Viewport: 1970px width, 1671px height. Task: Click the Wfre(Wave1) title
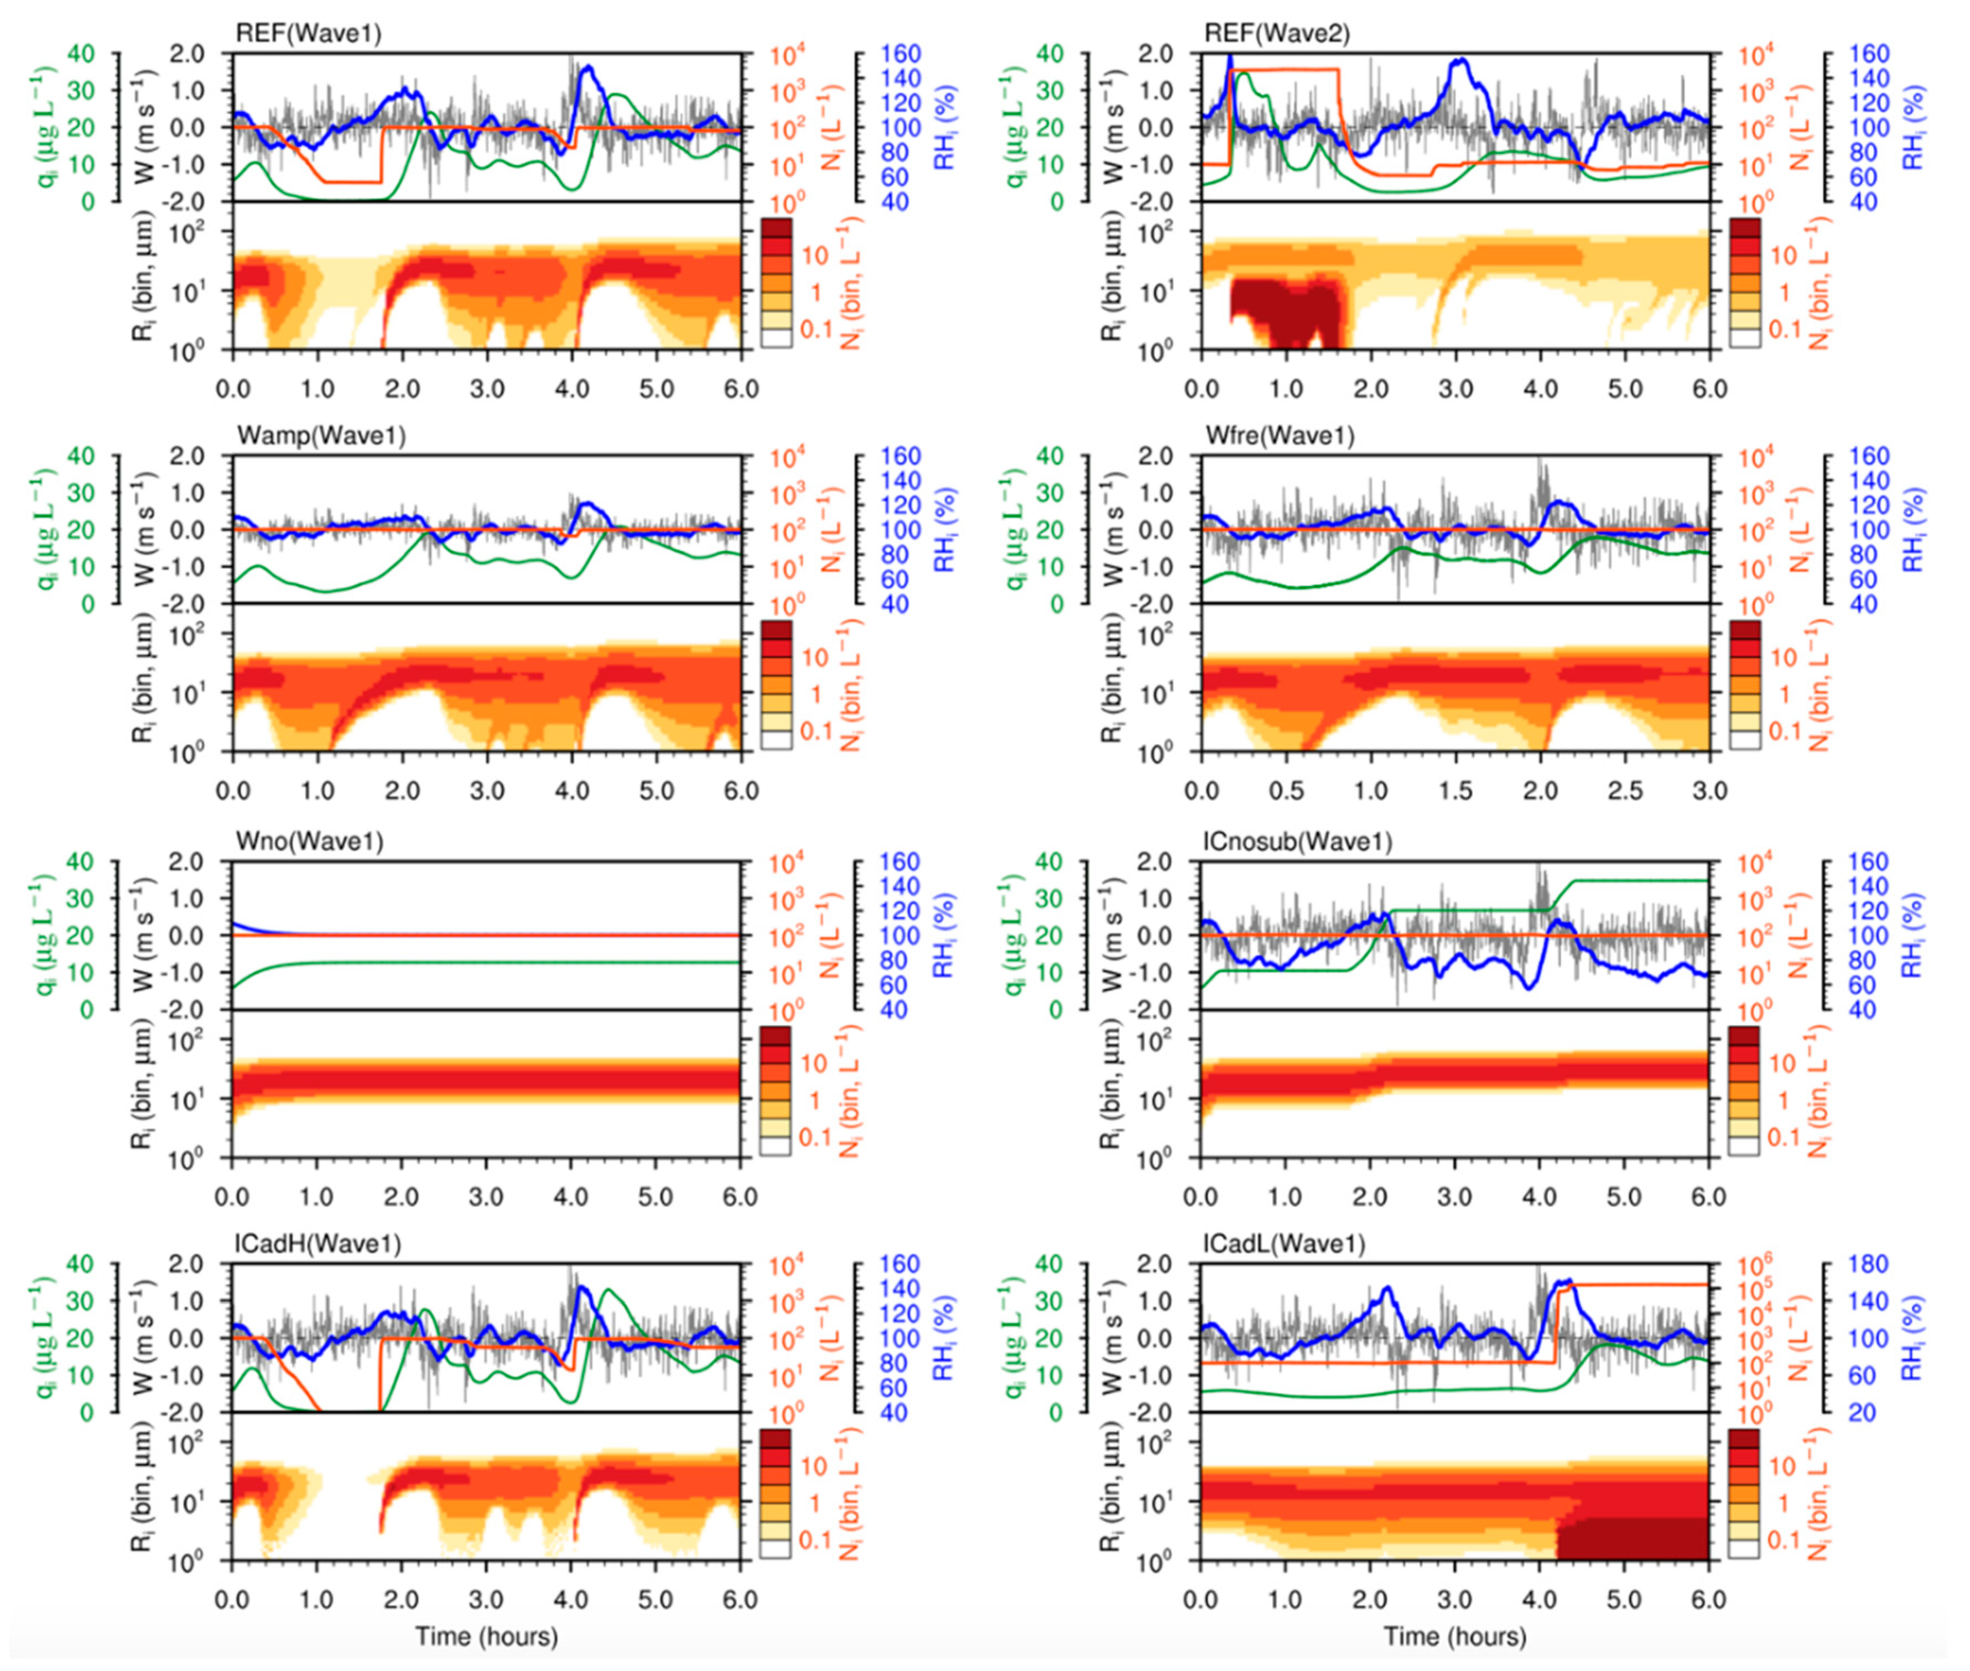[x=1279, y=436]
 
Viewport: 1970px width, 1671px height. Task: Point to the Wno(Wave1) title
[x=310, y=841]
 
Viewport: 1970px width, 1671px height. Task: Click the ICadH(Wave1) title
[x=318, y=1244]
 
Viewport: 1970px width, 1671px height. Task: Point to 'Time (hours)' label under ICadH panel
[x=486, y=1636]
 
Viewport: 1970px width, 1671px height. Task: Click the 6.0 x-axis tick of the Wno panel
[x=740, y=1197]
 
